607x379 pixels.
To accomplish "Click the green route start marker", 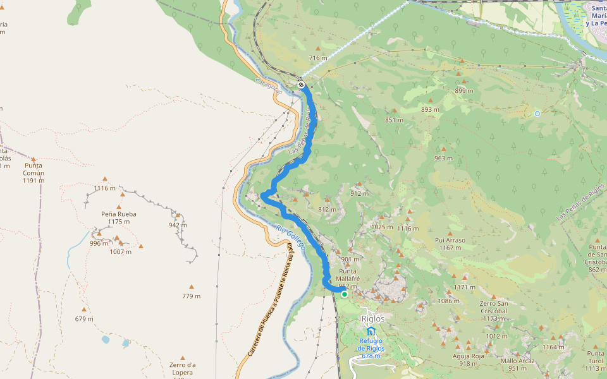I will [x=345, y=294].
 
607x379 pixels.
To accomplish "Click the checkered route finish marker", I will [x=302, y=85].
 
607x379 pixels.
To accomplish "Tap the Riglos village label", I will [x=372, y=318].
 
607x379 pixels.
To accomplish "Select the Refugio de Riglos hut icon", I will [x=371, y=332].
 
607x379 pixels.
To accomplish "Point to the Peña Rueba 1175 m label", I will [x=119, y=217].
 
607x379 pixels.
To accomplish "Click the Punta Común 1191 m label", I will [x=33, y=176].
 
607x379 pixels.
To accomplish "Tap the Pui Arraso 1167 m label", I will [x=450, y=244].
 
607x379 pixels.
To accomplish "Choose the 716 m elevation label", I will [x=318, y=58].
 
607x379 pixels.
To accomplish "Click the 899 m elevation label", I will [x=464, y=91].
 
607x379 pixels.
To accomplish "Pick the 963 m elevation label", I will [x=443, y=159].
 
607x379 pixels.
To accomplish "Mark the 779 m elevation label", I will [x=191, y=296].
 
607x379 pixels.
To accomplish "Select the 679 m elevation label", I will [x=83, y=319].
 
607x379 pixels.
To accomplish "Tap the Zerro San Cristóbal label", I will [x=493, y=311].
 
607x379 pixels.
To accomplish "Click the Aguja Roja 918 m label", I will [x=468, y=359].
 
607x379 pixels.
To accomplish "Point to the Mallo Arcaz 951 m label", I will [x=517, y=364].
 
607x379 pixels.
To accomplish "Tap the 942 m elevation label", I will [x=178, y=225].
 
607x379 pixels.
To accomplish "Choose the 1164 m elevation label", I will [x=553, y=347].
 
